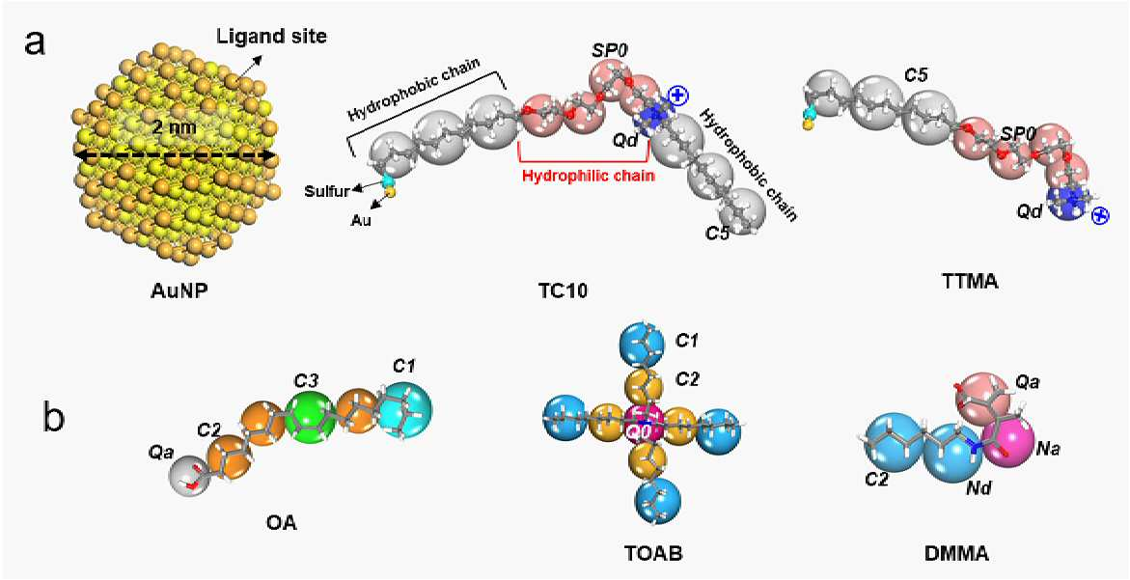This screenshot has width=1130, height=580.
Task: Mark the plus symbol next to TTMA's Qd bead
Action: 1100,215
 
